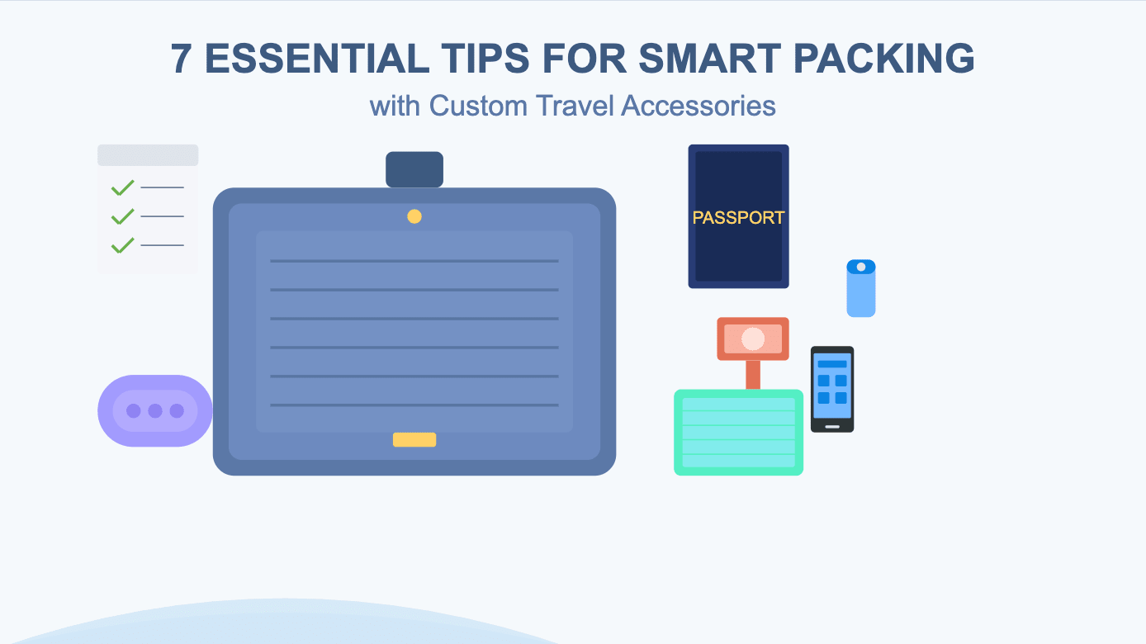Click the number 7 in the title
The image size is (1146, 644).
[182, 59]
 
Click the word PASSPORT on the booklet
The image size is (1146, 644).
[738, 218]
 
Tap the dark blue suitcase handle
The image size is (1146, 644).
[414, 169]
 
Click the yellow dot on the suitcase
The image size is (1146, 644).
[414, 216]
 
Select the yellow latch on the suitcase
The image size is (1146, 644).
[414, 439]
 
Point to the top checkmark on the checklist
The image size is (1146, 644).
[122, 188]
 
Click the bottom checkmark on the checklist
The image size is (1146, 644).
[122, 245]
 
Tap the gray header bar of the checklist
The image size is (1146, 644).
[148, 155]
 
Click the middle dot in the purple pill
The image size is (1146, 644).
[155, 411]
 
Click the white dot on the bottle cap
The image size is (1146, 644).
[861, 267]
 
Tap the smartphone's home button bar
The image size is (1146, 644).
[832, 427]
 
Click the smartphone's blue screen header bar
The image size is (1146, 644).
[832, 364]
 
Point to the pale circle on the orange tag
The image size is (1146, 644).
[753, 339]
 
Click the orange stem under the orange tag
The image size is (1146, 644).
[753, 375]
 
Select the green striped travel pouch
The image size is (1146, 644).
[738, 433]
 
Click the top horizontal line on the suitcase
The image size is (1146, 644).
[414, 261]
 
